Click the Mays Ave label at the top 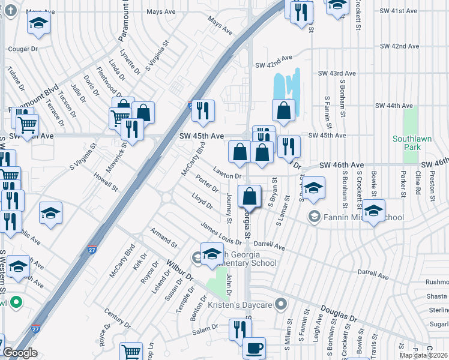[161, 11]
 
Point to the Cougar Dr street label [22, 49]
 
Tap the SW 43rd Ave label [337, 73]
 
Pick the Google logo [20, 353]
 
